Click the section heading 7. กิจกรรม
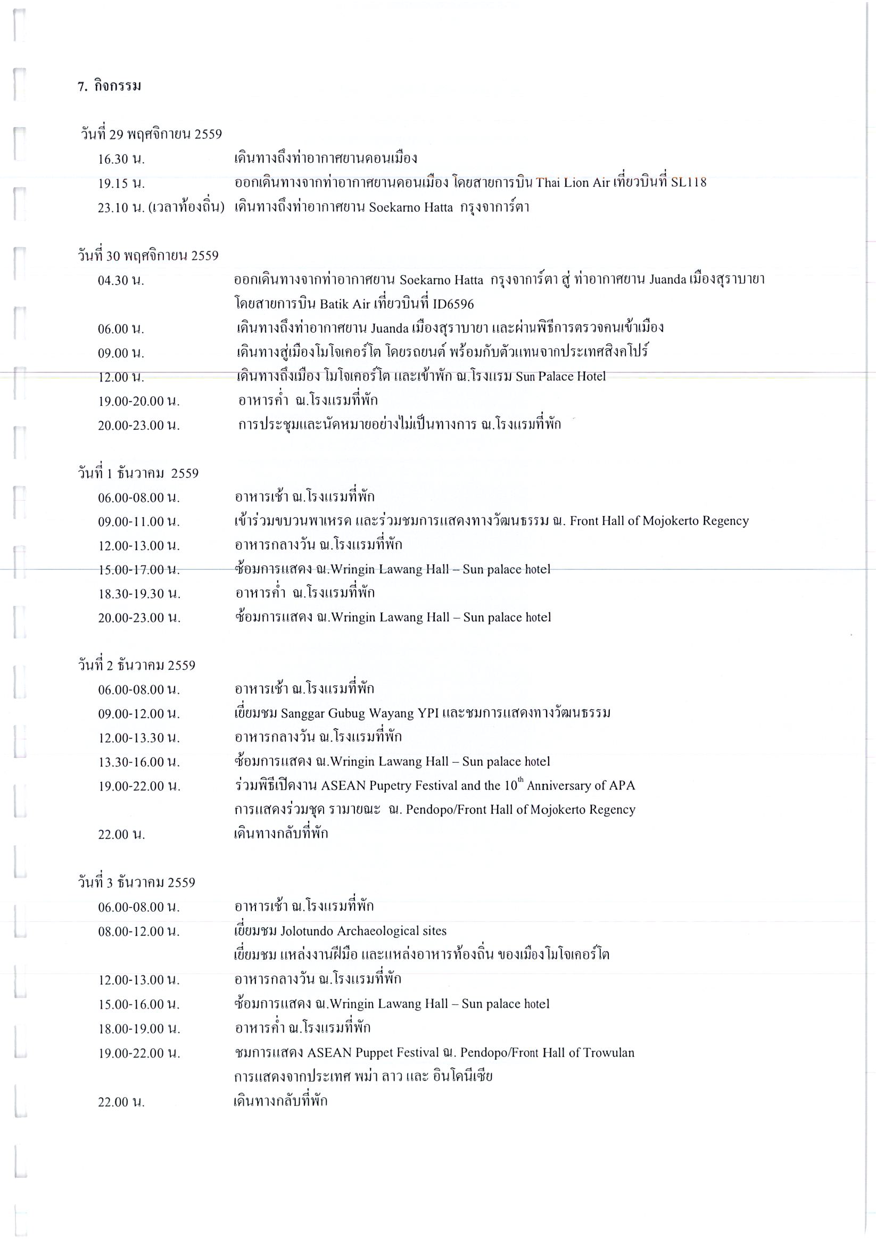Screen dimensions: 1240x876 (x=109, y=86)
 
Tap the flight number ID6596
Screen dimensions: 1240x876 (x=453, y=305)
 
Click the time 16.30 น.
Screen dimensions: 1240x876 (x=121, y=159)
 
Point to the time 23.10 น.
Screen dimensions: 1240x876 (x=121, y=208)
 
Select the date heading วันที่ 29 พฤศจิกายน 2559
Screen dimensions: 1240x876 (x=151, y=135)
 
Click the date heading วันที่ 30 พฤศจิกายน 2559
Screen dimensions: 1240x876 (x=148, y=256)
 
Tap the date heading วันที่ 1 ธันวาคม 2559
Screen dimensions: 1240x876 (x=138, y=473)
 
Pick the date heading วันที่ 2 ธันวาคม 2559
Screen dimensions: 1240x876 (x=137, y=665)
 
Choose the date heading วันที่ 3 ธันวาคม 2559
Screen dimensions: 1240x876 (x=137, y=883)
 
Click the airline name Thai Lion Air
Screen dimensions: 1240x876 (x=573, y=182)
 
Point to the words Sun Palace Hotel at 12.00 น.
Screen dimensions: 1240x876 (x=560, y=377)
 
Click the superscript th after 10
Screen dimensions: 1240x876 (x=521, y=780)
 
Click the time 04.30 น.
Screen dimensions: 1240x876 (x=121, y=281)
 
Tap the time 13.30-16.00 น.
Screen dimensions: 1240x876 (x=139, y=762)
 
